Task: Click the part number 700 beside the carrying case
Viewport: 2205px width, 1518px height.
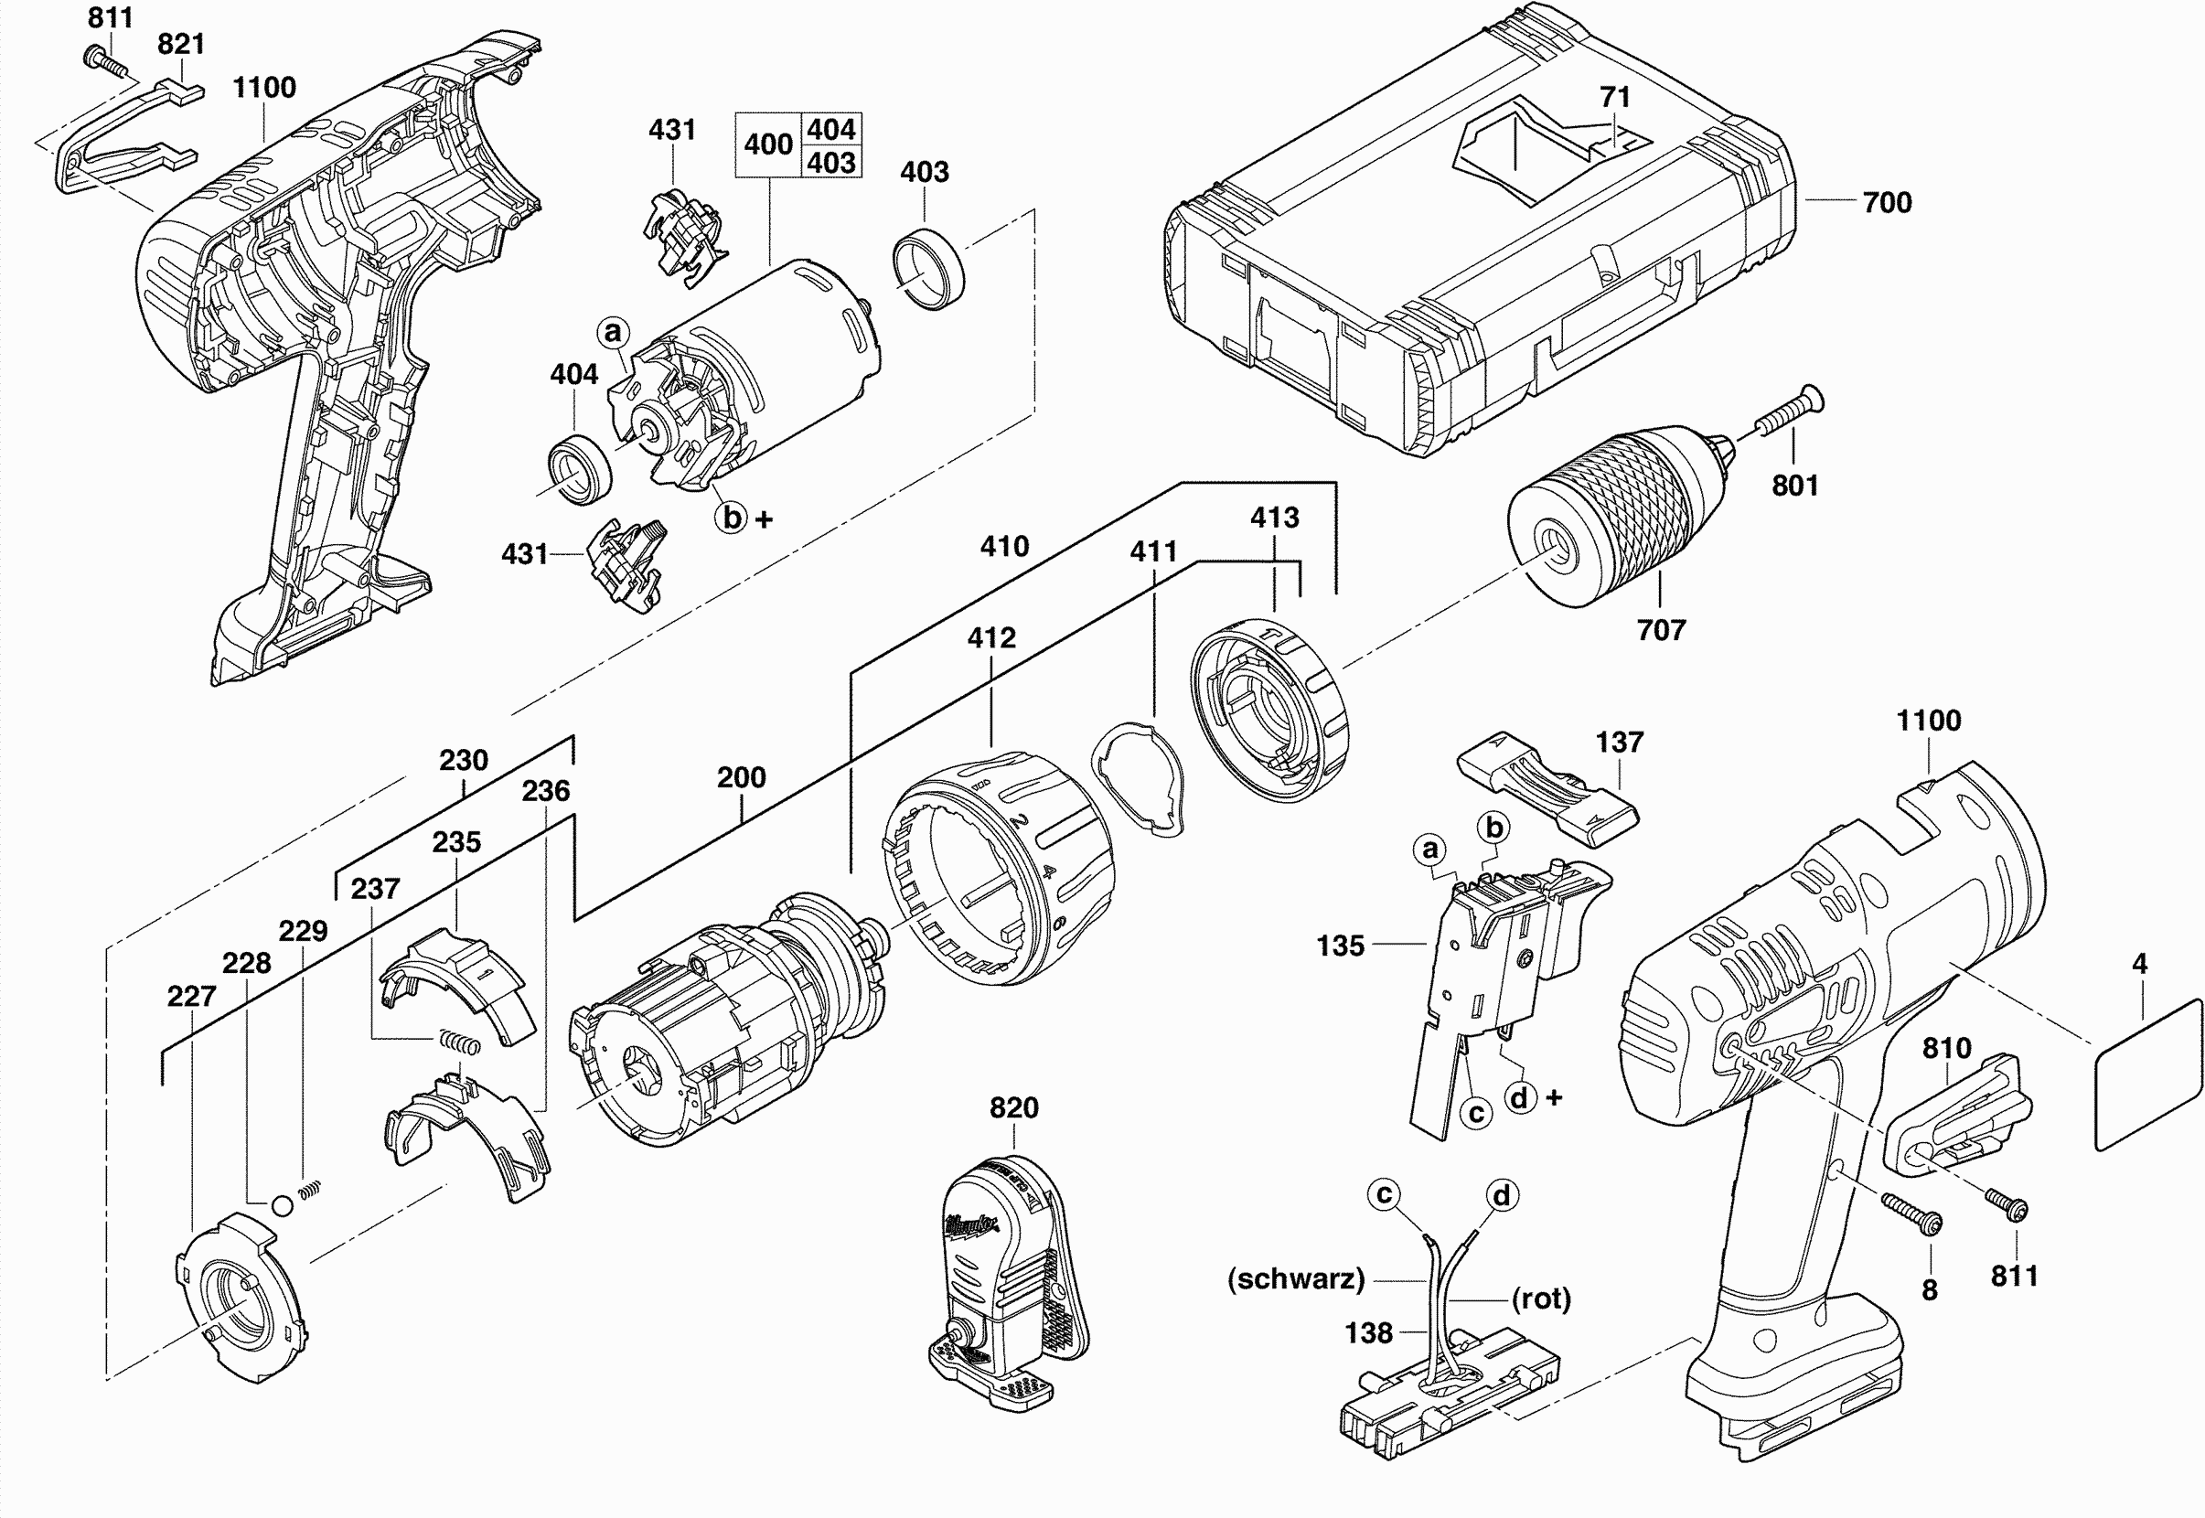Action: (1888, 203)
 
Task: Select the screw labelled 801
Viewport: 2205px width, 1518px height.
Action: (1782, 412)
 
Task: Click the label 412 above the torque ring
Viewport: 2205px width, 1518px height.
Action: (991, 637)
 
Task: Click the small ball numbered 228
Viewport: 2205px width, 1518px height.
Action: (282, 1205)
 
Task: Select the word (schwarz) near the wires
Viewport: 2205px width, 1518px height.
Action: (1296, 1279)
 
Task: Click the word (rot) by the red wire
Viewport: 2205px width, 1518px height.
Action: (1541, 1299)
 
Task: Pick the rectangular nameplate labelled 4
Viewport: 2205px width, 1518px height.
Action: (2149, 1074)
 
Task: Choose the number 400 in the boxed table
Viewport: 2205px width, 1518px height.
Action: (768, 144)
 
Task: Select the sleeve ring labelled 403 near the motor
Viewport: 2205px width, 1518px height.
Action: (928, 267)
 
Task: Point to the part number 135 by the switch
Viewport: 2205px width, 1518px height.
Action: (1341, 946)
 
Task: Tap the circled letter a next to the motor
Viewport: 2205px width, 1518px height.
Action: (614, 332)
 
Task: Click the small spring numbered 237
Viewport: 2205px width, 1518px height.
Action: (459, 1041)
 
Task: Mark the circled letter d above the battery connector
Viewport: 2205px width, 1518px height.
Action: (1501, 1194)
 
